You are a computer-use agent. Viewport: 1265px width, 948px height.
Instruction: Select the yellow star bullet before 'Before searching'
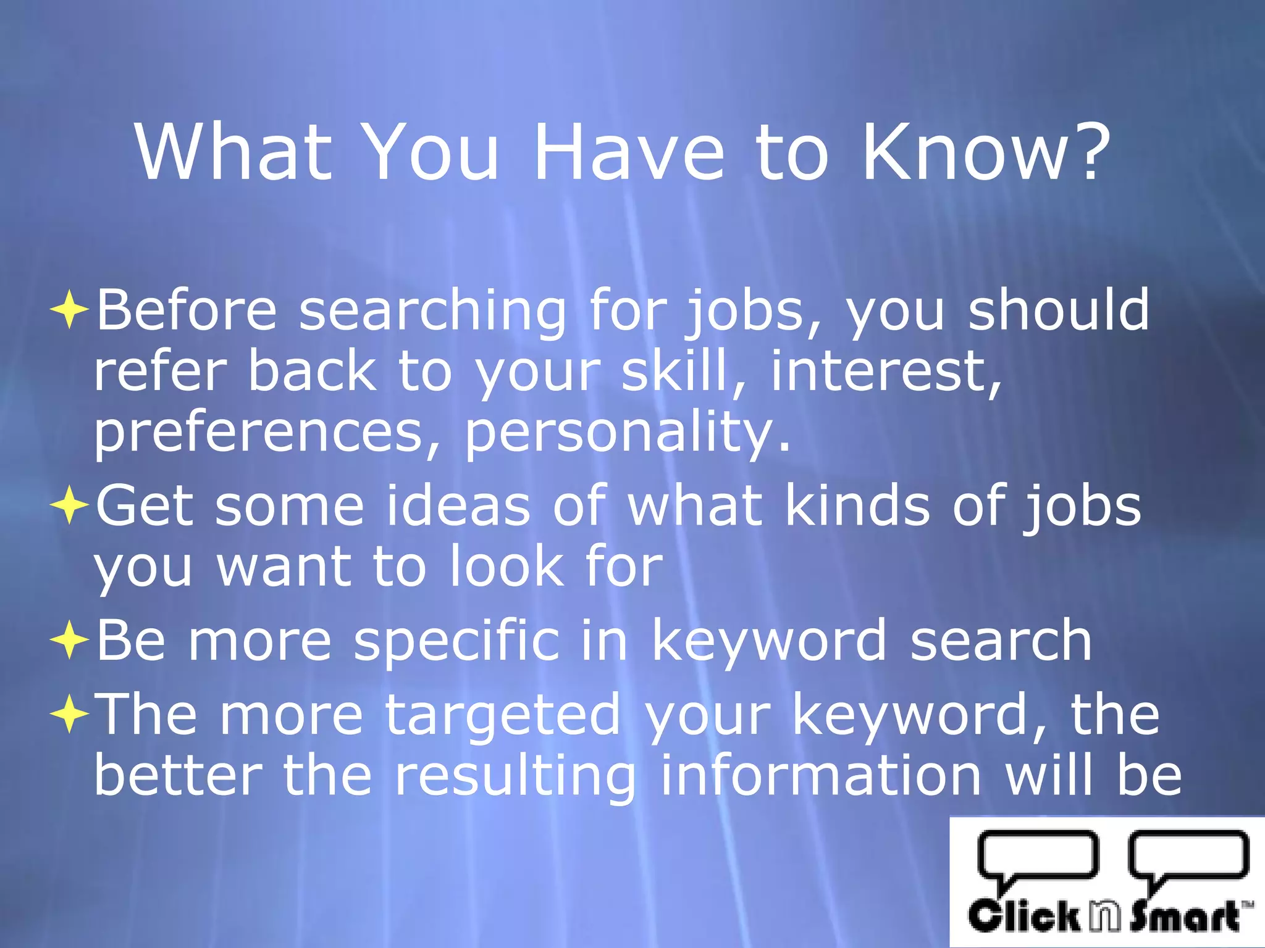[69, 310]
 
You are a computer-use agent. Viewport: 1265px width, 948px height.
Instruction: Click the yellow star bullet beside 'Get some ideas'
[69, 506]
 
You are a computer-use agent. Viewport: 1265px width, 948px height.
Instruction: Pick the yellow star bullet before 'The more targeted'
[69, 715]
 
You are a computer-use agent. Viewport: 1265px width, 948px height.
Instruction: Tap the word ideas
[458, 506]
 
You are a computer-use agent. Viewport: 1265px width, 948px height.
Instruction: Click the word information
[822, 775]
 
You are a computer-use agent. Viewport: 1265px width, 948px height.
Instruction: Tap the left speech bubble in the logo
[1038, 855]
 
